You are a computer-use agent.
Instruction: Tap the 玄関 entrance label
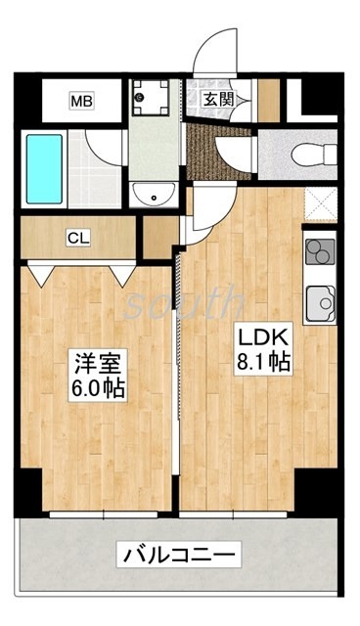(217, 98)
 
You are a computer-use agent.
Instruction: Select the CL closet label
(78, 237)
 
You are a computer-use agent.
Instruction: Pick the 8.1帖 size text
(259, 362)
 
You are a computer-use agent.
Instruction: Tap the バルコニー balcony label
(179, 557)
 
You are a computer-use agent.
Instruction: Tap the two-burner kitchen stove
(320, 252)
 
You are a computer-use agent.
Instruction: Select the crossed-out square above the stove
(320, 204)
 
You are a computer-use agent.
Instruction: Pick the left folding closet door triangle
(42, 273)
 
